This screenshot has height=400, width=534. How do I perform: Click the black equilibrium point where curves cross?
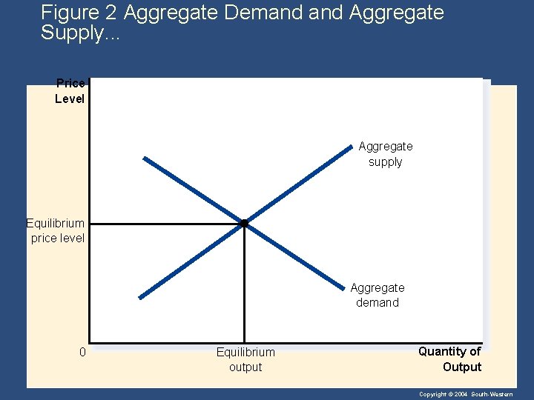[244, 223]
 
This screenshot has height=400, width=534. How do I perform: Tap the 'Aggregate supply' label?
[386, 154]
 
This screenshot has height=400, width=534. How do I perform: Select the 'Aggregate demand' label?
[378, 295]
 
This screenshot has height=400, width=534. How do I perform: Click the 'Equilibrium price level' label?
[56, 230]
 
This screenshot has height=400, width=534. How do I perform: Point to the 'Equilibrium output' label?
[245, 359]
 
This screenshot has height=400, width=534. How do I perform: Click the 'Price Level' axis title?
[70, 91]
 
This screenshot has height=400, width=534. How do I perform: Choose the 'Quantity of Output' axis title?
[450, 359]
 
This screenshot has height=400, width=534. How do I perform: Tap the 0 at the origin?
[83, 352]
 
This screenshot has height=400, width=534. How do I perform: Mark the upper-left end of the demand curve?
[145, 158]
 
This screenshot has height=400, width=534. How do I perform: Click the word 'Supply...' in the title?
[73, 33]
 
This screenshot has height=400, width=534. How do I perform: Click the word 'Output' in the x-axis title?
[462, 367]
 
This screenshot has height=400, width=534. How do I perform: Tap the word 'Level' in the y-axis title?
[70, 99]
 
